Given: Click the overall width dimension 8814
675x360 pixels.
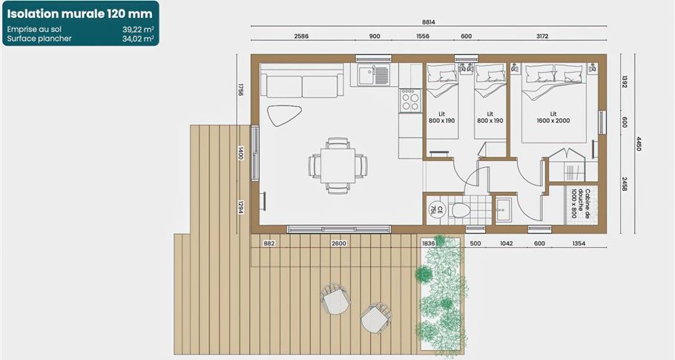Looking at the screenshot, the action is pos(428,22).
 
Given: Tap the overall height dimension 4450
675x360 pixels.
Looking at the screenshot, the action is pos(639,144).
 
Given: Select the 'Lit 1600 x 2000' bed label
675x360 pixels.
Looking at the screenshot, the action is pos(553,117).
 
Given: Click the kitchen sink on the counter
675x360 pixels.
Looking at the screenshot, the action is pos(366,75).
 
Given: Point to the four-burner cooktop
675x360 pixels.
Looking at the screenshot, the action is pos(410,101).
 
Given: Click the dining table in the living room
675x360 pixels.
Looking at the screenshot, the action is pos(338,166).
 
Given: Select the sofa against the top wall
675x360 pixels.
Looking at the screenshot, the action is pos(302,82).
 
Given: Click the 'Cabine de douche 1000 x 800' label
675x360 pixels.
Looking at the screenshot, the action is pos(580,203).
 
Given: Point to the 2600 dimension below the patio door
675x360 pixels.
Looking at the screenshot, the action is pos(339,243).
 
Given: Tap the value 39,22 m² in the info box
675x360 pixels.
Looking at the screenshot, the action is pos(138,29).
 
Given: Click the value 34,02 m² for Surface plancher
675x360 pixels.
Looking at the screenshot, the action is pos(138,39).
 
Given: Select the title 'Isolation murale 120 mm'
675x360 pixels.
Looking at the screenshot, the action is pos(80,14).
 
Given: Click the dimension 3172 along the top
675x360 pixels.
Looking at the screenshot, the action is pos(542,36).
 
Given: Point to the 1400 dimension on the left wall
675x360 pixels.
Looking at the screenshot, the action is pos(240,153).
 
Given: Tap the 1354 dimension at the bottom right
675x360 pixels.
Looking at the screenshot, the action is pos(579,243).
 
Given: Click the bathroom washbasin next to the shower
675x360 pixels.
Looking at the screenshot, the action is pos(502,210).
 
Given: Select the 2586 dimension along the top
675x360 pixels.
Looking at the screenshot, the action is pos(301,36).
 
